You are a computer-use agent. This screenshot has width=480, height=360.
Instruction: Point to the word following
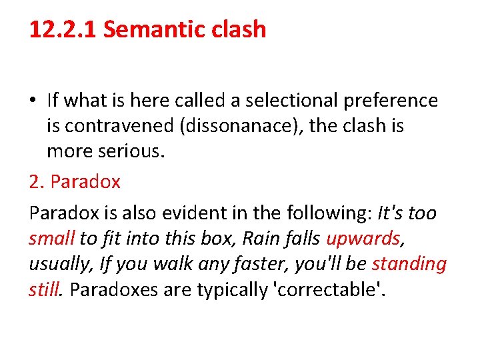tap(327, 213)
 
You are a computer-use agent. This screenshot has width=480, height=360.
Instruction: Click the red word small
tap(51, 238)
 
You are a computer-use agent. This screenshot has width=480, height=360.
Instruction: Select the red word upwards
tap(363, 238)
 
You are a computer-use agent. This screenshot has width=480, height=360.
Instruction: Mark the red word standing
tap(409, 263)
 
